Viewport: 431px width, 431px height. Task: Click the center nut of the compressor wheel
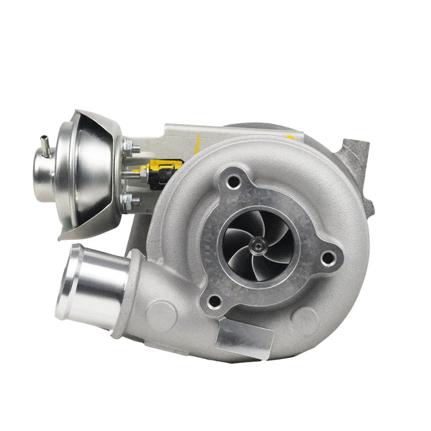point(257,246)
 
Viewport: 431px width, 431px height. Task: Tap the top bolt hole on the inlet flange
point(234,180)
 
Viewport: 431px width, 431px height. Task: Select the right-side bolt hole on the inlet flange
point(329,257)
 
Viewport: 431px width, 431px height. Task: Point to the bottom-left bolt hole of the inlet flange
point(215,300)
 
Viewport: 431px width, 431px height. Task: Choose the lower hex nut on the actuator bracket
point(128,200)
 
